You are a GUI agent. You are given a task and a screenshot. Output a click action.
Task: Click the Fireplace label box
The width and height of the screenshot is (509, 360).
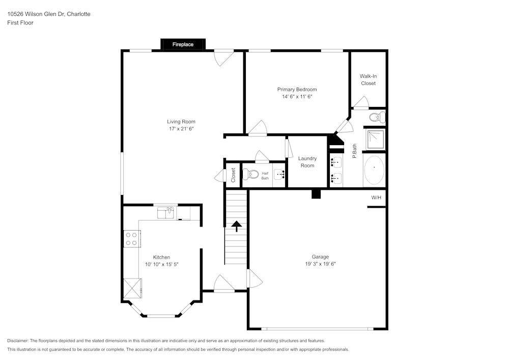(x=183, y=44)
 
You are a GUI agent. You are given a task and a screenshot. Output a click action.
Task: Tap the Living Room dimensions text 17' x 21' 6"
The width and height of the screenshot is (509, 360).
(x=181, y=129)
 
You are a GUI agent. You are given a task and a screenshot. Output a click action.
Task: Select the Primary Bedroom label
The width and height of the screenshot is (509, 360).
(x=297, y=90)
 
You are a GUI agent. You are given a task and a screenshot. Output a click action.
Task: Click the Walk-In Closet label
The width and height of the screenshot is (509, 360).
(x=368, y=79)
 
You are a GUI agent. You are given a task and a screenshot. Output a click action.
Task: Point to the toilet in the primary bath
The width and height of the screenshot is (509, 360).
(x=376, y=117)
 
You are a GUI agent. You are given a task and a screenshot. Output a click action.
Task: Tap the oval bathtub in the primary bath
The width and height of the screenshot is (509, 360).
(x=375, y=170)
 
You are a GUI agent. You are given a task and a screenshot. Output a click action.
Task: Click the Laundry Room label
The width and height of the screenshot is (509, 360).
(x=307, y=162)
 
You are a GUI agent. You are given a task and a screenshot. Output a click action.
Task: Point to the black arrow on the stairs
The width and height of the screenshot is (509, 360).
(x=237, y=226)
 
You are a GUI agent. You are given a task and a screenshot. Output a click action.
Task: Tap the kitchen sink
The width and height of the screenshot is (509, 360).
(x=166, y=212)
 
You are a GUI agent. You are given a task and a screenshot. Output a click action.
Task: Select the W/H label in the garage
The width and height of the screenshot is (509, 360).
(x=376, y=197)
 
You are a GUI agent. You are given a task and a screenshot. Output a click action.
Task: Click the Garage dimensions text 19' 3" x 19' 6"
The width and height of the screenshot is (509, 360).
(x=320, y=264)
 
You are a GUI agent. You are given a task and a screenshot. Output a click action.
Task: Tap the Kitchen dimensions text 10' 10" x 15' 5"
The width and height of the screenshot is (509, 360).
(x=161, y=264)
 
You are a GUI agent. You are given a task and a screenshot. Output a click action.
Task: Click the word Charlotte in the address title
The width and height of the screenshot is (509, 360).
(x=79, y=14)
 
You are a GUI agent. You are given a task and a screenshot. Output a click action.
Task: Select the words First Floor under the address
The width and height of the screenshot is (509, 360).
(x=20, y=23)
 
